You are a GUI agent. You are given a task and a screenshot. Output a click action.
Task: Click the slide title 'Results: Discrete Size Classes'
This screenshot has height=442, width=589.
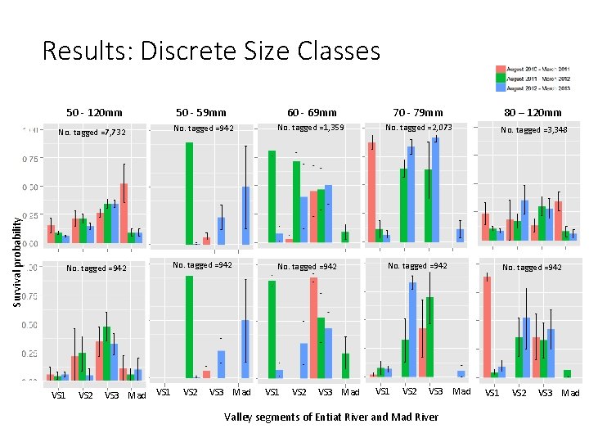point(211,51)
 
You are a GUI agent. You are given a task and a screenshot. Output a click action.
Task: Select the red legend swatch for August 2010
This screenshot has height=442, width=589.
point(500,70)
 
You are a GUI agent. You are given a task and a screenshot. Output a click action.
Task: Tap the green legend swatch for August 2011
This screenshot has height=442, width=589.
point(500,79)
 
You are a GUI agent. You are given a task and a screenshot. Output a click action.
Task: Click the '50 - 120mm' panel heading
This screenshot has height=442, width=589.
point(94,113)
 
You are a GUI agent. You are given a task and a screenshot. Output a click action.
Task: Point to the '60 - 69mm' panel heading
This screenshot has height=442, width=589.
point(312,113)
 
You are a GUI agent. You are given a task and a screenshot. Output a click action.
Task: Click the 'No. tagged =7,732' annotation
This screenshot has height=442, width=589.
point(92,133)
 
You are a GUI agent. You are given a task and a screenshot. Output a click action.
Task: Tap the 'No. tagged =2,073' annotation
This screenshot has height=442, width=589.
point(418,128)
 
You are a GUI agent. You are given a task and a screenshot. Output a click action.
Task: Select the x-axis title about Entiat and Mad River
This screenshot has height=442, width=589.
point(331,417)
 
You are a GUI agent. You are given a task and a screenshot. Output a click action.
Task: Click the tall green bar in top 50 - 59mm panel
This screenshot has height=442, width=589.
point(189,193)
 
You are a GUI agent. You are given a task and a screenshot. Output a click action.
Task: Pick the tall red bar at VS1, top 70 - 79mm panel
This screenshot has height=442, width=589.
point(371,193)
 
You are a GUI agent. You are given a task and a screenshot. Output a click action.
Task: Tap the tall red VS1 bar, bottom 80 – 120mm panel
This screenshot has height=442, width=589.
point(487,327)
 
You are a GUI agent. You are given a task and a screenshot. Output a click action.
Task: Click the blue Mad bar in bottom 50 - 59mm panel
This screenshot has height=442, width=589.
point(244,349)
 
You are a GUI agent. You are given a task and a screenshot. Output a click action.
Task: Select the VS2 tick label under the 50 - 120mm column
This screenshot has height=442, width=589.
point(85,396)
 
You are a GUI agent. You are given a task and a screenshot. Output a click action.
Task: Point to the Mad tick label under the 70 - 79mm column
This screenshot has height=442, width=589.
point(461,392)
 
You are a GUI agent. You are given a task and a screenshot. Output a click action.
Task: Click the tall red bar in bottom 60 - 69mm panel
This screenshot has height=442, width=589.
point(313,328)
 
